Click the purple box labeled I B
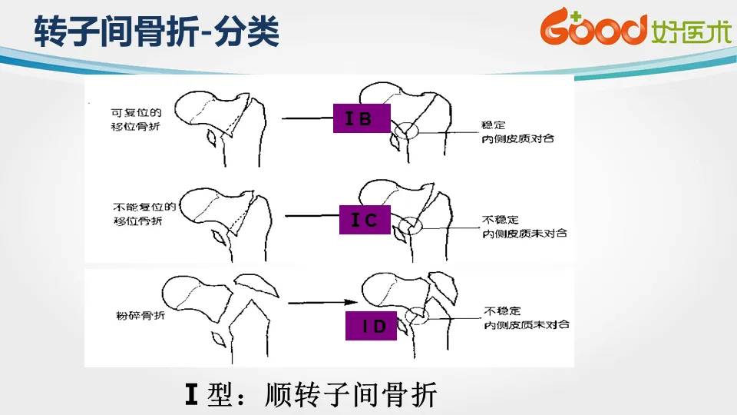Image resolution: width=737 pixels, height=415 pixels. click(362, 118)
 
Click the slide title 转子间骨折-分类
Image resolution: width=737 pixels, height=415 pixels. click(156, 32)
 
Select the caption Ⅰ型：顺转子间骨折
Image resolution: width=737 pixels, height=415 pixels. click(311, 394)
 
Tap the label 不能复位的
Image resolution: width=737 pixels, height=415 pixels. click(145, 206)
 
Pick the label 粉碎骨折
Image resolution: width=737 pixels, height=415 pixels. click(134, 316)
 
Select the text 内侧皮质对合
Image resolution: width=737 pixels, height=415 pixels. click(518, 138)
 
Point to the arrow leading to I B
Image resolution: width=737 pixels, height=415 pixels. click(307, 118)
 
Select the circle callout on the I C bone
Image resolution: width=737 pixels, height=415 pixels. click(408, 225)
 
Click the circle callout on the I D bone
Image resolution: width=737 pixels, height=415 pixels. click(417, 315)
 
